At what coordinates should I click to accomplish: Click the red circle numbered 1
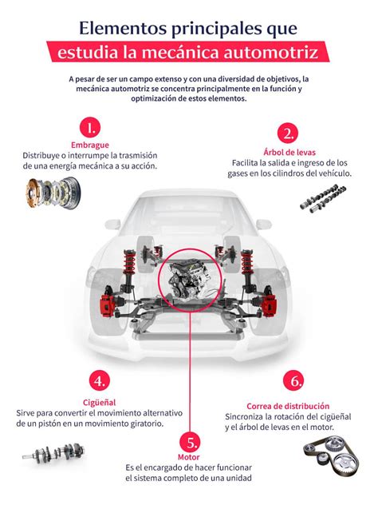tap(90, 127)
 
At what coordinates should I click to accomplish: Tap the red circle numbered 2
tap(288, 134)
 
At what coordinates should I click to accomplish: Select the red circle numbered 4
tap(100, 380)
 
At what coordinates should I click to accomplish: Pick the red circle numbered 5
tap(190, 442)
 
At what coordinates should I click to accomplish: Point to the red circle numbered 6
tap(293, 380)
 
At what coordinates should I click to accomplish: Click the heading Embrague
tap(90, 145)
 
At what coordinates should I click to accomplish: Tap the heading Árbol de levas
tap(289, 153)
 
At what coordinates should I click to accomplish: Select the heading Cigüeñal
tap(100, 403)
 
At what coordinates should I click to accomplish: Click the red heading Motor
tap(189, 457)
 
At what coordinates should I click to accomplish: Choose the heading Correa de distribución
tap(288, 406)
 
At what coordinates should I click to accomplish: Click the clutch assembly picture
tap(53, 193)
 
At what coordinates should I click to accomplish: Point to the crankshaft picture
tap(53, 453)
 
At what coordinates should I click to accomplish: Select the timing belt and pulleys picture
tap(331, 455)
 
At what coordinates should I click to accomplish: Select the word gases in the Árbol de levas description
tap(238, 173)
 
